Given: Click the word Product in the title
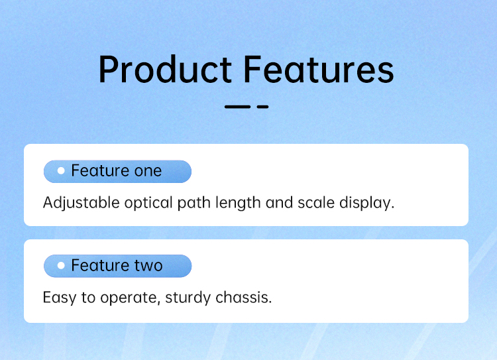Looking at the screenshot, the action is [x=165, y=69].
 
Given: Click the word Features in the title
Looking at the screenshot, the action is [x=319, y=69].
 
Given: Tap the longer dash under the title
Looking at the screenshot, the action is [x=237, y=107].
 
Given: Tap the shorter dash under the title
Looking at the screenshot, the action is [x=263, y=107].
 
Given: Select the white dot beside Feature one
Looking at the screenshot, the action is [x=61, y=171].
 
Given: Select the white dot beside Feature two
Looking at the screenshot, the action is [x=61, y=265].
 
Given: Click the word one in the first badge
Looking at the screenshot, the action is [x=148, y=171].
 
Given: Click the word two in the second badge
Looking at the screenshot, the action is [x=148, y=266].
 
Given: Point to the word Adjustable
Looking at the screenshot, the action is [x=81, y=203].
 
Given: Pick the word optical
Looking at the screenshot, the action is [x=148, y=203].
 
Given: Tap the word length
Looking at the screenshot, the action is [x=238, y=203].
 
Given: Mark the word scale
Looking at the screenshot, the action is [x=316, y=203].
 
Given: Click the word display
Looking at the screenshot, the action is [x=366, y=203].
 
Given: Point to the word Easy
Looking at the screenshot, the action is [x=60, y=298].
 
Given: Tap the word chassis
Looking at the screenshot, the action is [x=243, y=298].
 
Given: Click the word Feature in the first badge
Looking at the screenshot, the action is [x=100, y=170].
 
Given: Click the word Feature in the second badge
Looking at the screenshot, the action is [x=100, y=265].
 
